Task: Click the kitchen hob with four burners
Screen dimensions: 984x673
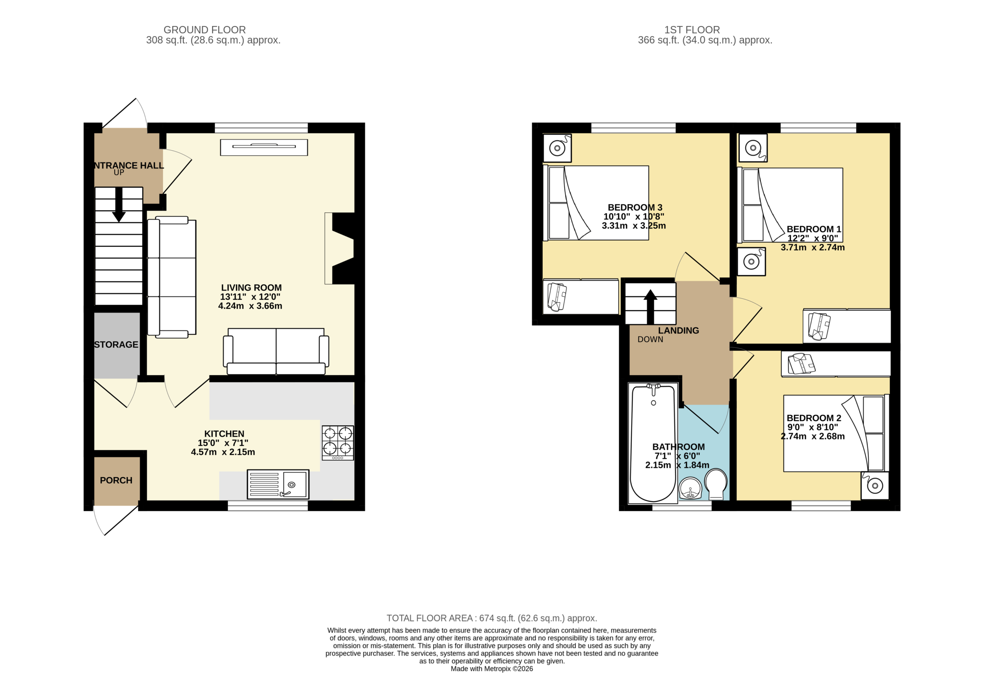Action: point(338,443)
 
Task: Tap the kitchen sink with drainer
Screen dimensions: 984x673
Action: point(278,484)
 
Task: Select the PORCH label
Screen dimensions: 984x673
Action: point(116,481)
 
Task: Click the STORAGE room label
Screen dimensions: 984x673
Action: point(116,345)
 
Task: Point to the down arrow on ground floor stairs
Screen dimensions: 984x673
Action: point(119,205)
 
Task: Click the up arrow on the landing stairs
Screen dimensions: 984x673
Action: point(650,307)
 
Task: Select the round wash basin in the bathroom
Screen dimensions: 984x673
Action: point(691,489)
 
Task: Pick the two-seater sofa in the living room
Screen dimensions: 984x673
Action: point(276,352)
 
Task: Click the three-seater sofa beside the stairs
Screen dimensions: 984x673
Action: point(171,278)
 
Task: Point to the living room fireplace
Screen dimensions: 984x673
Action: point(339,248)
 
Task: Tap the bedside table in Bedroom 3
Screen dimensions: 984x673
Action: point(557,148)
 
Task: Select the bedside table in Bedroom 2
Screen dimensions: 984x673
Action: point(875,486)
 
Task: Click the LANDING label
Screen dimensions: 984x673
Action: point(678,331)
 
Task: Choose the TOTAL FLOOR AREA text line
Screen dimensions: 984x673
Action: point(492,618)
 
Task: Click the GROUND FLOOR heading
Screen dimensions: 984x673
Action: point(204,30)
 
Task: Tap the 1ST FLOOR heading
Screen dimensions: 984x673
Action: point(692,30)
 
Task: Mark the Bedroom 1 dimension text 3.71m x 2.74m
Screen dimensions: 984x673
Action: point(813,248)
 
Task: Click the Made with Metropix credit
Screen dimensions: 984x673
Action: point(492,669)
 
